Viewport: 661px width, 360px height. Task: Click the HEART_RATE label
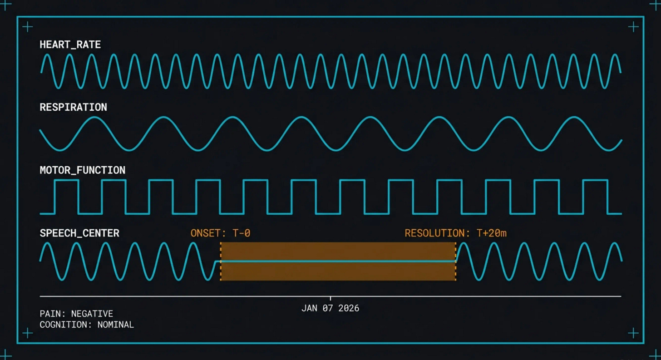pos(70,44)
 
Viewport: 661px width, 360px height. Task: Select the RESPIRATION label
pos(73,107)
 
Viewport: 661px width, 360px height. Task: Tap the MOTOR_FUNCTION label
pos(82,170)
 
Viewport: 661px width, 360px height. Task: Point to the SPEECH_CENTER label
pos(79,233)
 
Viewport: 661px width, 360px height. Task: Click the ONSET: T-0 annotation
pos(220,233)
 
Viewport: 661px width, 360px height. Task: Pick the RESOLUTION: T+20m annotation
pos(455,233)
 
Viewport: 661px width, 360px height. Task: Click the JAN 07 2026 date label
pos(330,308)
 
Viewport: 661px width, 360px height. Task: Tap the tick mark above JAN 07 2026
pos(330,298)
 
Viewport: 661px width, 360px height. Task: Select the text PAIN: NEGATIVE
pos(76,314)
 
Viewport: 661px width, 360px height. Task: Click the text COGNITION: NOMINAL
pos(87,325)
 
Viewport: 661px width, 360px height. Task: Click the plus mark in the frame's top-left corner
pos(28,27)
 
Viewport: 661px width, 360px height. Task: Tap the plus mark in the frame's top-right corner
pos(633,27)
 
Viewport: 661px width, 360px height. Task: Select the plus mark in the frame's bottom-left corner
pos(28,333)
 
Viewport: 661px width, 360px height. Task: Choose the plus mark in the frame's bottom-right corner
pos(633,333)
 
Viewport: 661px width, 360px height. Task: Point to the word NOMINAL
pos(116,325)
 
